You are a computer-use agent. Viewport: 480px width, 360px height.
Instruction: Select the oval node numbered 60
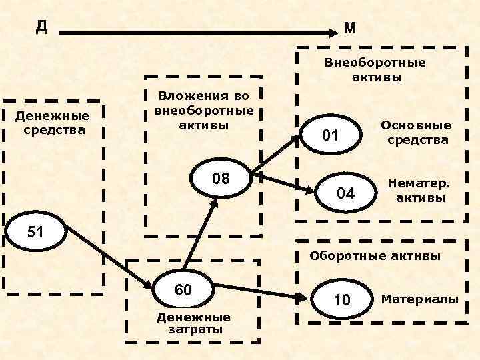(x=183, y=289)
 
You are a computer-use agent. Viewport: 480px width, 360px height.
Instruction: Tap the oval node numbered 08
(x=221, y=179)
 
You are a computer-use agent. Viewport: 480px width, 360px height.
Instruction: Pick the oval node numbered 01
(x=331, y=136)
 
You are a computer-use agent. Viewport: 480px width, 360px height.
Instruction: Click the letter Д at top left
(x=41, y=26)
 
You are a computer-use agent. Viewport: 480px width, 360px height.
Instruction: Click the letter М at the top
(x=350, y=28)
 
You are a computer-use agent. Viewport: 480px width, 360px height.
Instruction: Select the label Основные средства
(x=415, y=133)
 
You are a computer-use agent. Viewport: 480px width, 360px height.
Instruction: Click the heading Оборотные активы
(x=375, y=256)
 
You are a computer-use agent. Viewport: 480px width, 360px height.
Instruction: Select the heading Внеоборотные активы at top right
(x=376, y=70)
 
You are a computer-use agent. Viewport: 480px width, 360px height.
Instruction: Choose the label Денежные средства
(x=54, y=122)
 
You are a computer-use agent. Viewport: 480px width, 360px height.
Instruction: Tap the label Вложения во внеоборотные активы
(x=204, y=110)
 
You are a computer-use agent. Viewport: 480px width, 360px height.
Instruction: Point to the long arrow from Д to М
(x=200, y=31)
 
